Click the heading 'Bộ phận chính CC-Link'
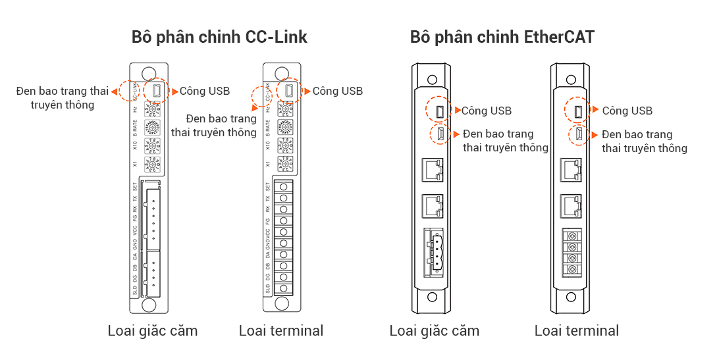pos(219,37)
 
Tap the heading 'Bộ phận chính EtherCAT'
pos(502,37)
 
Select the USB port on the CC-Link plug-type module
pos(157,91)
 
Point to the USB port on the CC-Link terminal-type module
pos(289,91)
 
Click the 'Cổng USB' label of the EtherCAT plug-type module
pos(486,111)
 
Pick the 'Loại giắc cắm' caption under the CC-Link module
pos(152,330)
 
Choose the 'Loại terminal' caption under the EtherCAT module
pos(576,330)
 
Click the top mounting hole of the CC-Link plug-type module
pos(149,74)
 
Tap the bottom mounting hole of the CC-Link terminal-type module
pos(283,303)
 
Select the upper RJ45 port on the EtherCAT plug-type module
pos(433,170)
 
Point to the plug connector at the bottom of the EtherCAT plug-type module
pos(433,251)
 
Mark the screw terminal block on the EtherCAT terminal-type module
pos(571,252)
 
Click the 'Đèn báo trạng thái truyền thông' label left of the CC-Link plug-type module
pos(63,97)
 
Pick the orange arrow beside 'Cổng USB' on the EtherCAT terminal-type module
pos(595,110)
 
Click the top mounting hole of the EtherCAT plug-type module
pos(432,79)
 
